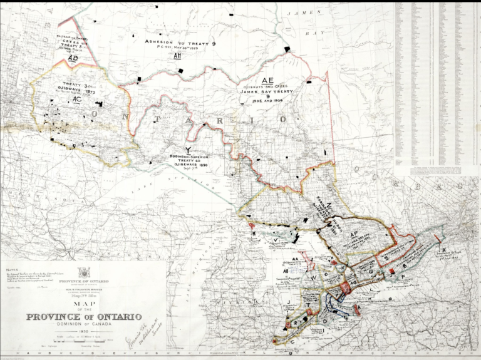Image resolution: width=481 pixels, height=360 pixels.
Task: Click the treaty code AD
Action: pos(73,58)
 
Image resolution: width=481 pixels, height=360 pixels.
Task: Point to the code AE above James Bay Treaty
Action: pos(268,80)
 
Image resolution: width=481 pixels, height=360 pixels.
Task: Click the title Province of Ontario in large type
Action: pos(83,316)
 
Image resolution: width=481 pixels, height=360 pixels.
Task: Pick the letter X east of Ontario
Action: pos(444,249)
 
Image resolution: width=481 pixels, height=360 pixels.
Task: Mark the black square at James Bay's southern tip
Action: pos(287,49)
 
